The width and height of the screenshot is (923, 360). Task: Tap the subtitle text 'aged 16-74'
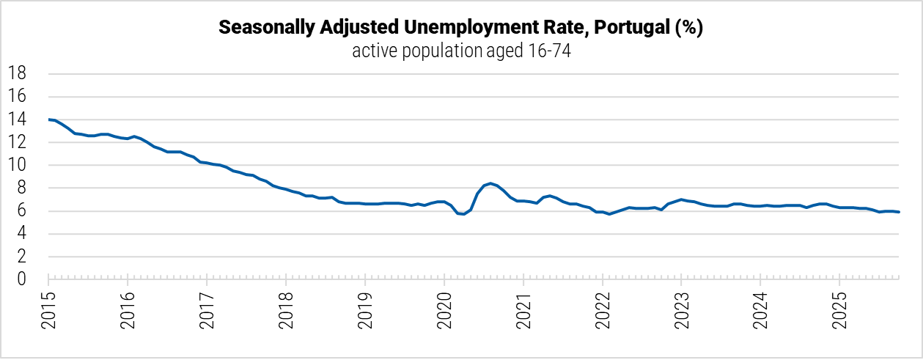pyautogui.click(x=522, y=51)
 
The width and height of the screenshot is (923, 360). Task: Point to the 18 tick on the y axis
pyautogui.click(x=18, y=73)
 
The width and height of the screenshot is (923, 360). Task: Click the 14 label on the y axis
pyautogui.click(x=18, y=120)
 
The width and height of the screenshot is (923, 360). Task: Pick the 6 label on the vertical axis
pyautogui.click(x=22, y=211)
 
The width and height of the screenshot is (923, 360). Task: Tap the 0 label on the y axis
pyautogui.click(x=22, y=279)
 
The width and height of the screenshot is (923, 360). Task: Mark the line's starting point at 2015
pyautogui.click(x=49, y=119)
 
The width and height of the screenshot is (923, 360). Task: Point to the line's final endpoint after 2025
pyautogui.click(x=900, y=212)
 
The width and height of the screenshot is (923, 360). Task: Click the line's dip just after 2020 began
pyautogui.click(x=463, y=214)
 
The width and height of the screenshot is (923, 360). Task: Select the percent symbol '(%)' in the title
pyautogui.click(x=689, y=29)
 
